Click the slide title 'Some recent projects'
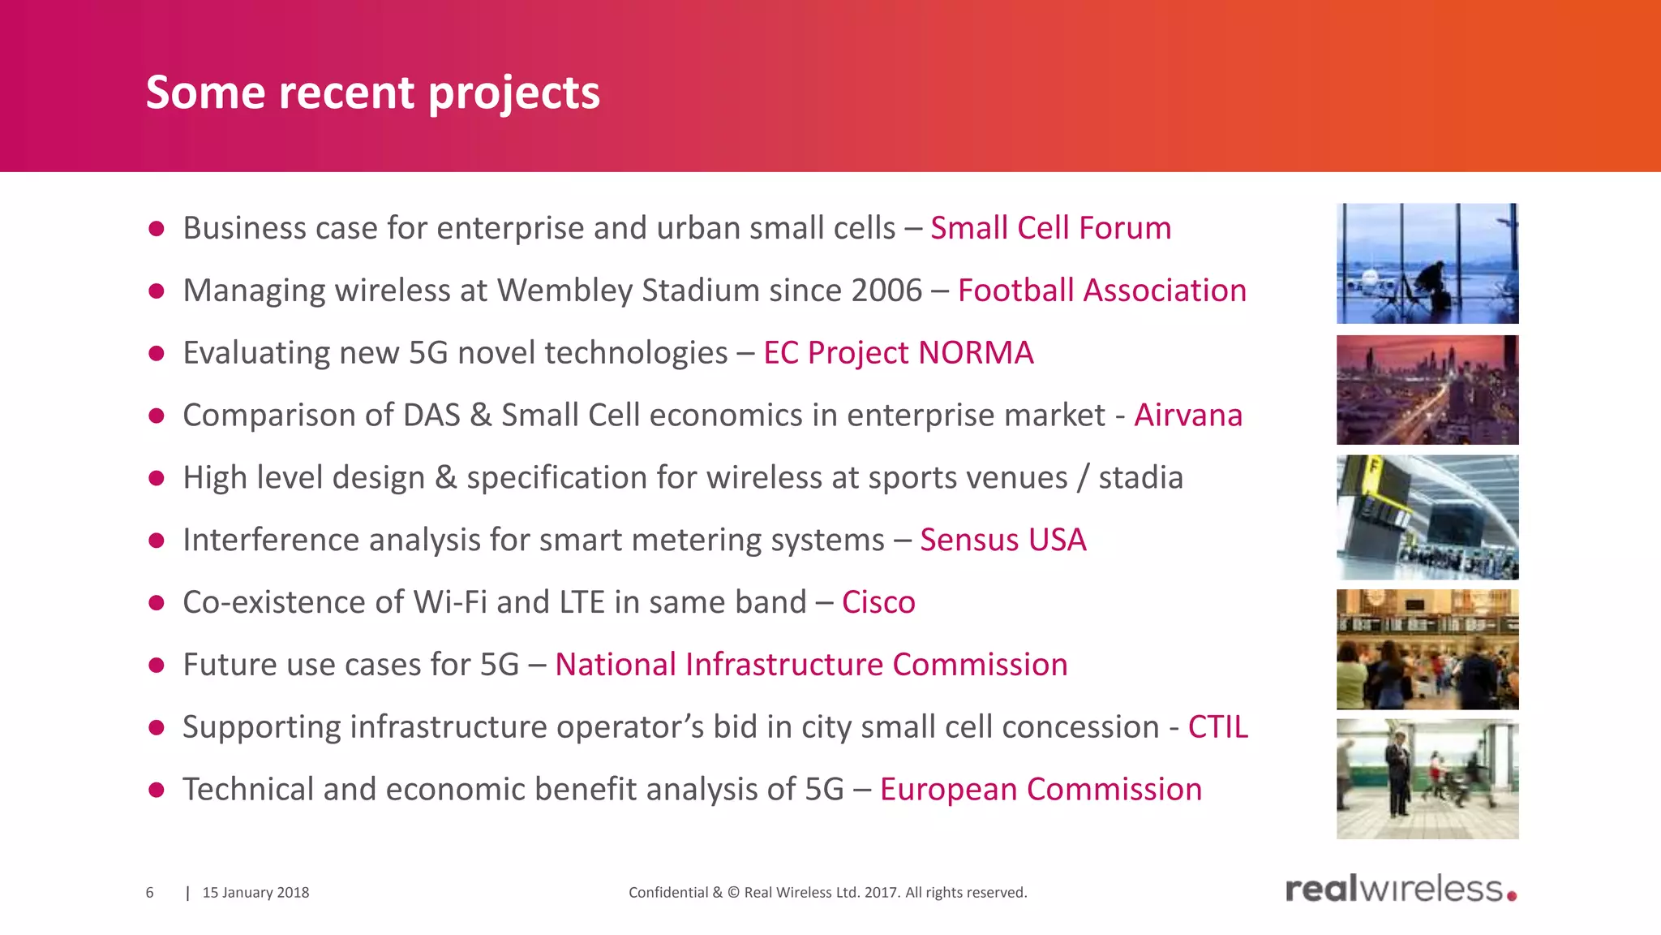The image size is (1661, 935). point(372,92)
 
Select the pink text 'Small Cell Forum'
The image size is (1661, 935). point(1050,228)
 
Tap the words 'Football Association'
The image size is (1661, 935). point(1101,291)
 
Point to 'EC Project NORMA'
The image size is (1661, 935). point(898,353)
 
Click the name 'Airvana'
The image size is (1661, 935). point(1187,416)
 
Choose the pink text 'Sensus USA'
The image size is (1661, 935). point(1002,540)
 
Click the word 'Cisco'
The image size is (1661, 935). point(878,602)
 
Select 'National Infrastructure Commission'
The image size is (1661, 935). point(811,665)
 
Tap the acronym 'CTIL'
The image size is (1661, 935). point(1217,727)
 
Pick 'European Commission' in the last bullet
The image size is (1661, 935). point(1041,790)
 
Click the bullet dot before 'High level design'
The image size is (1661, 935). point(157,478)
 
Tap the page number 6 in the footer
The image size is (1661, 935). point(149,893)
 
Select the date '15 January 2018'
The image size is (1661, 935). point(255,893)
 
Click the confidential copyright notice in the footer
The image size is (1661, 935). point(827,893)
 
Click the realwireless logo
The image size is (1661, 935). point(1401,890)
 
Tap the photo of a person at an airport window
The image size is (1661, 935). point(1427,264)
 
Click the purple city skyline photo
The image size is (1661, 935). point(1427,390)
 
